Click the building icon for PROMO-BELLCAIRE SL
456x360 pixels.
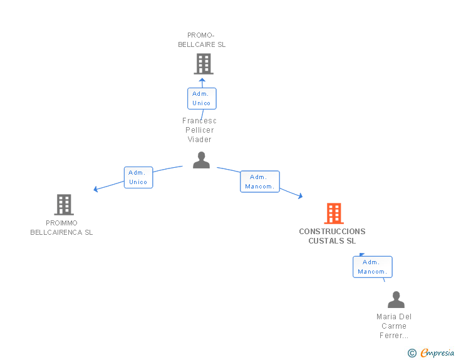pyautogui.click(x=204, y=64)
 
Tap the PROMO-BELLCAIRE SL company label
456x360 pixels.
pyautogui.click(x=202, y=40)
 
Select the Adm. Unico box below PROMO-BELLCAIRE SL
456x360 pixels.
pyautogui.click(x=202, y=98)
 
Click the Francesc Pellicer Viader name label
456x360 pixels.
pyautogui.click(x=199, y=130)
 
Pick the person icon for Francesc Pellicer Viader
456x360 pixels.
pyautogui.click(x=201, y=160)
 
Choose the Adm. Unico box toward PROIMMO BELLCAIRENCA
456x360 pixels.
pyautogui.click(x=138, y=177)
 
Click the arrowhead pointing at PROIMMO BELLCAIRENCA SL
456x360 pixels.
pyautogui.click(x=95, y=189)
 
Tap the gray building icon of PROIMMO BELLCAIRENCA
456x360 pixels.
pyautogui.click(x=64, y=205)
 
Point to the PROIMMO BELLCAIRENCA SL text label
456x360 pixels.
pyautogui.click(x=61, y=228)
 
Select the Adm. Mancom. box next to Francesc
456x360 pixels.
pyautogui.click(x=260, y=182)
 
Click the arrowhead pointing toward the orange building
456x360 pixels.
pyautogui.click(x=301, y=196)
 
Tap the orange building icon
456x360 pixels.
pyautogui.click(x=334, y=213)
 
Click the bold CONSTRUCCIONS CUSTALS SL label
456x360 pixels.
pyautogui.click(x=332, y=236)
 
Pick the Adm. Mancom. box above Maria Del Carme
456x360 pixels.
pyautogui.click(x=373, y=267)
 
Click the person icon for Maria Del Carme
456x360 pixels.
pyautogui.click(x=396, y=299)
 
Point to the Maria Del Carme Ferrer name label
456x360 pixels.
pyautogui.click(x=394, y=326)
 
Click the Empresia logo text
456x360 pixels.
pyautogui.click(x=437, y=352)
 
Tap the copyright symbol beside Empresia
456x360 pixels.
pyautogui.click(x=412, y=353)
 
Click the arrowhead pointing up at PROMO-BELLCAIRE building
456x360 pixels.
pyautogui.click(x=202, y=80)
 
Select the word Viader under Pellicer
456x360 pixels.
pyautogui.click(x=199, y=140)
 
